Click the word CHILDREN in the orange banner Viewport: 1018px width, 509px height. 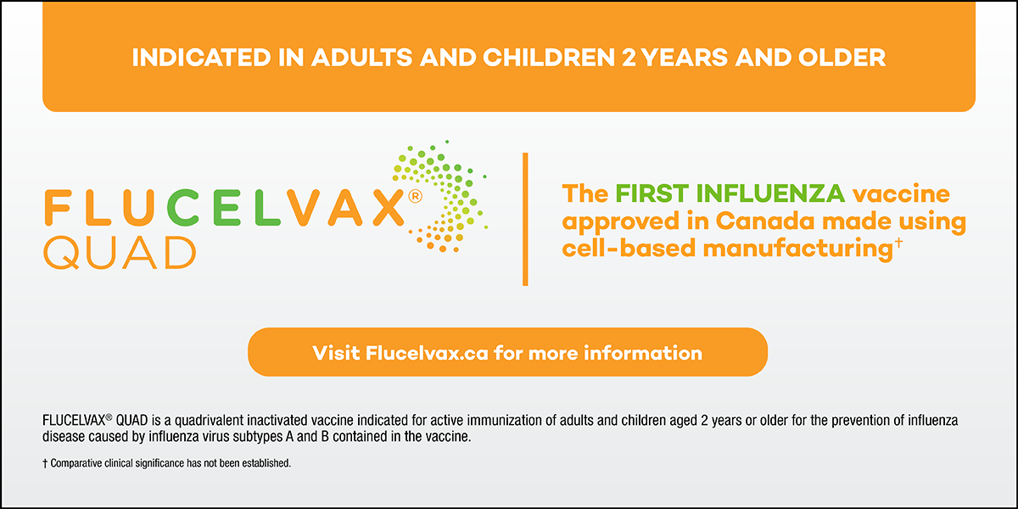coord(549,58)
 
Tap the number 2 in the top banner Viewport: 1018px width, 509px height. coord(629,58)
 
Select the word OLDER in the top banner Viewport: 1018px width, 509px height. coord(842,58)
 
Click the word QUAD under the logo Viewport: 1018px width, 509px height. coord(120,253)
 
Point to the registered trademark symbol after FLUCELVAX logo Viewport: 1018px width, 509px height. coord(415,196)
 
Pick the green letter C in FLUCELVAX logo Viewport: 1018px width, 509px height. coord(183,208)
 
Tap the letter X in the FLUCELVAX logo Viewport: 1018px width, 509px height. coord(389,208)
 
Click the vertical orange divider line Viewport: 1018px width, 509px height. coord(525,220)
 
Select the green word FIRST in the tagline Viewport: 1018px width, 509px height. coord(652,193)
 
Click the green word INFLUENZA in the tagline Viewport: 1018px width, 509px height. coord(771,193)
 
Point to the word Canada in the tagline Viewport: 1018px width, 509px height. coord(765,221)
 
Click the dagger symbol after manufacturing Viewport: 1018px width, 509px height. coord(898,243)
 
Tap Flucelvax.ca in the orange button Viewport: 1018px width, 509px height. coord(427,353)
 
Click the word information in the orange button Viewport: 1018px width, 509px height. coord(643,353)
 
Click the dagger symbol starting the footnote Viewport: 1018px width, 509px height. coord(45,463)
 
